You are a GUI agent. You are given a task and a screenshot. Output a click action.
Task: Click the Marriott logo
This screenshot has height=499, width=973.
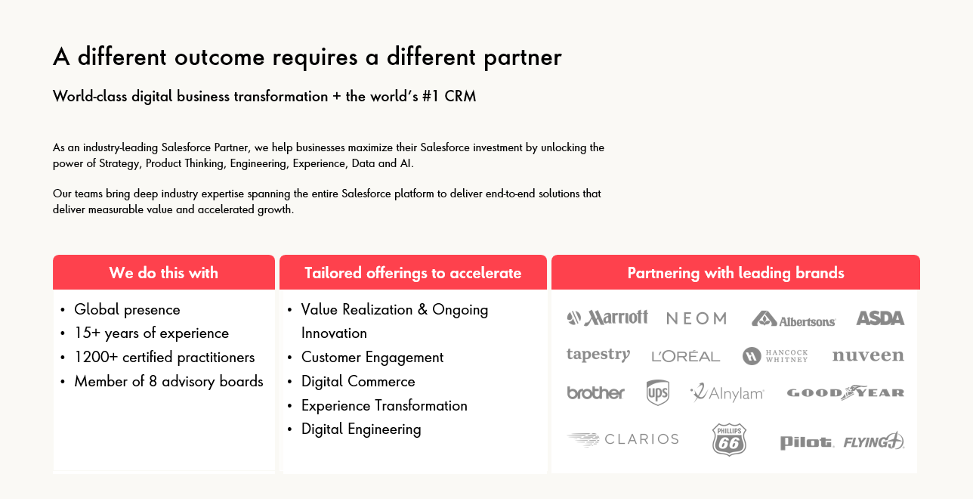(607, 318)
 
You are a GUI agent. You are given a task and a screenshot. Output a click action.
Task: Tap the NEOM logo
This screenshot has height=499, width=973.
(697, 318)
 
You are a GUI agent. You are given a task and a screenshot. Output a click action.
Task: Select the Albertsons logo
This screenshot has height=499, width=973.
(793, 319)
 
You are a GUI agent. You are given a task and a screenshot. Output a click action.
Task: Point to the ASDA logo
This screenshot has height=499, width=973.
(881, 318)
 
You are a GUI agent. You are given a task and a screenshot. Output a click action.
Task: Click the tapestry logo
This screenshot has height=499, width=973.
(598, 355)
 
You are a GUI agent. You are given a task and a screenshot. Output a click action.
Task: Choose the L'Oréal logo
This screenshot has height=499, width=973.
(685, 356)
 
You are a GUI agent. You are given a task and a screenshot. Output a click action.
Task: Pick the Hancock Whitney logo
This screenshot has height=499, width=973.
(775, 356)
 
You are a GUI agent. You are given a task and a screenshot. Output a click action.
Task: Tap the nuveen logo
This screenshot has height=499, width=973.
(868, 355)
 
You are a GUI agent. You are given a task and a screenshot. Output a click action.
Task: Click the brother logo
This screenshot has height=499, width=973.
(595, 392)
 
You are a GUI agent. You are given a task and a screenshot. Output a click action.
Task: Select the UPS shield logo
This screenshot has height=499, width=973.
(658, 392)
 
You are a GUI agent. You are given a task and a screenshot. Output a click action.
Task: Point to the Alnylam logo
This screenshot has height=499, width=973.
(727, 392)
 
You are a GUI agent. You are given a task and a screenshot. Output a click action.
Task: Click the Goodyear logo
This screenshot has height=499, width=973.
(846, 392)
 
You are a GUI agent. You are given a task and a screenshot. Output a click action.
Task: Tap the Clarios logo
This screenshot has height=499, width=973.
(623, 439)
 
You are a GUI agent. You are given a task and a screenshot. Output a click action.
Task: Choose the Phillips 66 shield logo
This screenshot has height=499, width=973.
(729, 439)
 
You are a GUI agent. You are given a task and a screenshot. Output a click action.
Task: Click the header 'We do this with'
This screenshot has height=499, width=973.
(164, 273)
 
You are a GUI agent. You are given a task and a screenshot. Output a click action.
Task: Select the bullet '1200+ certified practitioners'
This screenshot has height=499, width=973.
(165, 358)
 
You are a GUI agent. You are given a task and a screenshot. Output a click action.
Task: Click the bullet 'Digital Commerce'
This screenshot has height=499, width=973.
(358, 381)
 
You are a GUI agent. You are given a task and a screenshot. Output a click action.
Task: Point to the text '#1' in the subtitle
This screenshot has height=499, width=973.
(430, 96)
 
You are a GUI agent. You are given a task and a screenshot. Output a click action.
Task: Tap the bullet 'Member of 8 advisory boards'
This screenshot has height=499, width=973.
(169, 381)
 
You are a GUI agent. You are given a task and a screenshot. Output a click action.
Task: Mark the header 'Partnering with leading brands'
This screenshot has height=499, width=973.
(736, 273)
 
